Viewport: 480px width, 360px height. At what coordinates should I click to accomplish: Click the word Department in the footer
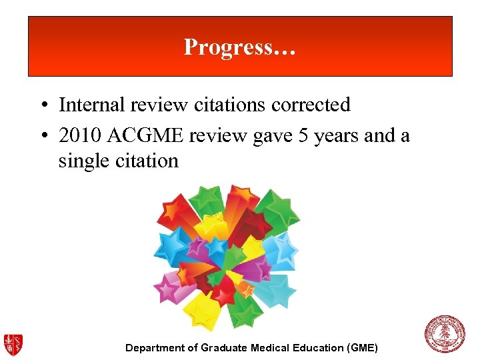[x=157, y=348]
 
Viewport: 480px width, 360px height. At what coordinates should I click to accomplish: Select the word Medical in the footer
[x=270, y=347]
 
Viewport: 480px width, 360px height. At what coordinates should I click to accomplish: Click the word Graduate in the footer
[x=225, y=347]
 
